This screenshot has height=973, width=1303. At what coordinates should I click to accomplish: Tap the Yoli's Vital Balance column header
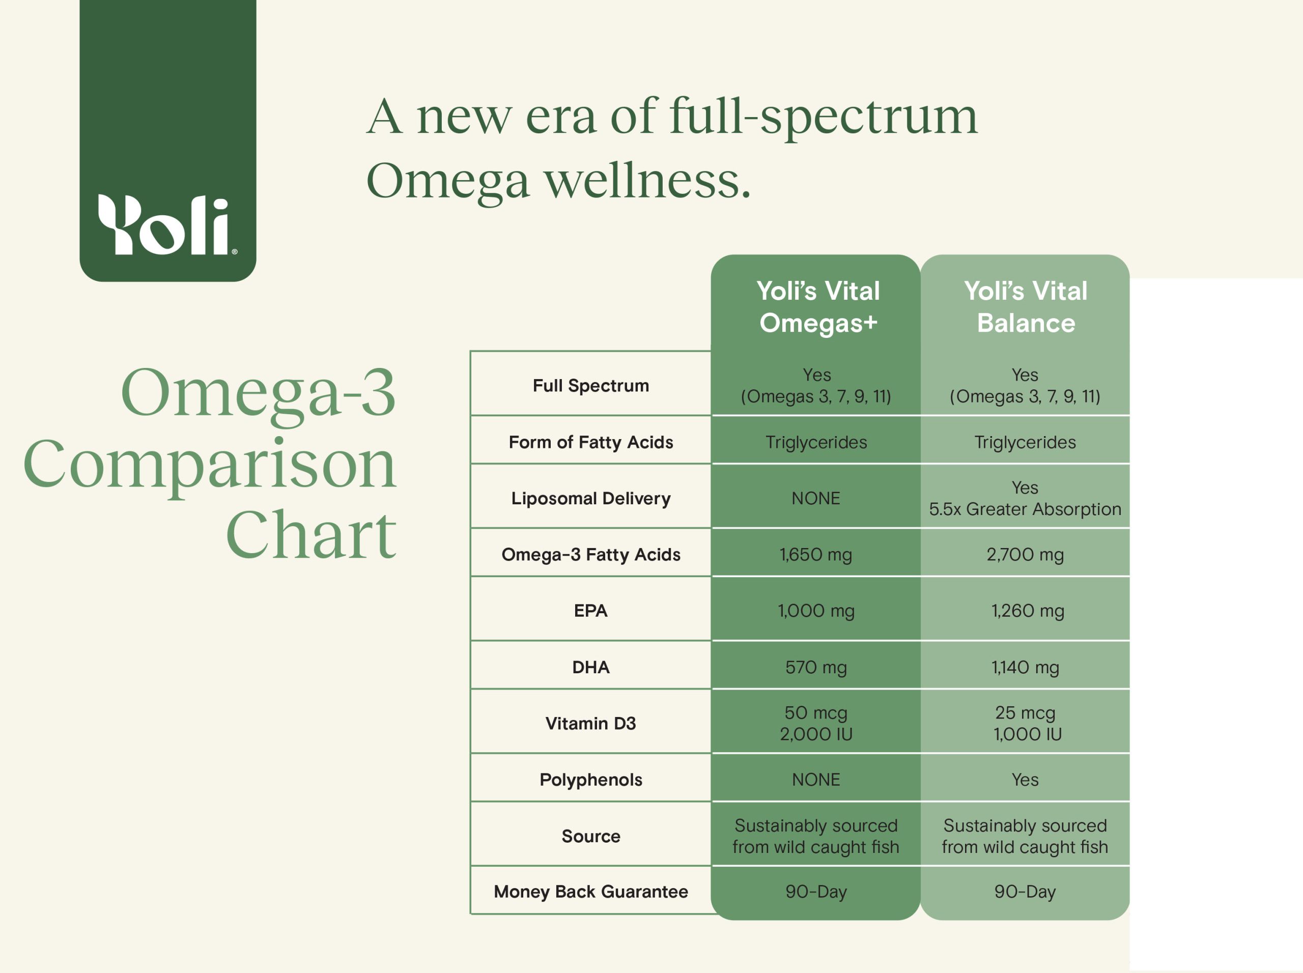[x=1026, y=307]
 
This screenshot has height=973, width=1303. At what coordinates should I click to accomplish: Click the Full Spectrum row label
[x=591, y=386]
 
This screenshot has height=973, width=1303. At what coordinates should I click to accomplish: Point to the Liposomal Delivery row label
[x=591, y=498]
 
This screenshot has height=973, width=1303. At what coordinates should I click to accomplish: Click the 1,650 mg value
[x=816, y=555]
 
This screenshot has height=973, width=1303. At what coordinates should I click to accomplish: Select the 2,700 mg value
[x=1025, y=555]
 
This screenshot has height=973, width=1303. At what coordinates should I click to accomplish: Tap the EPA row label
[x=591, y=611]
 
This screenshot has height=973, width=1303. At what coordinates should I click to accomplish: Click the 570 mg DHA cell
[x=816, y=667]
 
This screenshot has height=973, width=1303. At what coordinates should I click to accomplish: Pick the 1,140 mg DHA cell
[x=1025, y=667]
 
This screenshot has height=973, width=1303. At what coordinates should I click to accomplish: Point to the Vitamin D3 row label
[x=591, y=723]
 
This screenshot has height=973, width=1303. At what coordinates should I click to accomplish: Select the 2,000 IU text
[x=816, y=734]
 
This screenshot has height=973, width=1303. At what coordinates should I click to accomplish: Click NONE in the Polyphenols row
[x=816, y=780]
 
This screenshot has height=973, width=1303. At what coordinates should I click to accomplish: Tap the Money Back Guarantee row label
[x=591, y=892]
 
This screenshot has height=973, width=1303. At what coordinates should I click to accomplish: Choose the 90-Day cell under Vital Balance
[x=1025, y=892]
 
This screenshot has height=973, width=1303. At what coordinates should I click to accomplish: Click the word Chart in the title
[x=310, y=534]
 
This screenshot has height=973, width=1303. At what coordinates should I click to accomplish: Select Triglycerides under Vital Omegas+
[x=816, y=442]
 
